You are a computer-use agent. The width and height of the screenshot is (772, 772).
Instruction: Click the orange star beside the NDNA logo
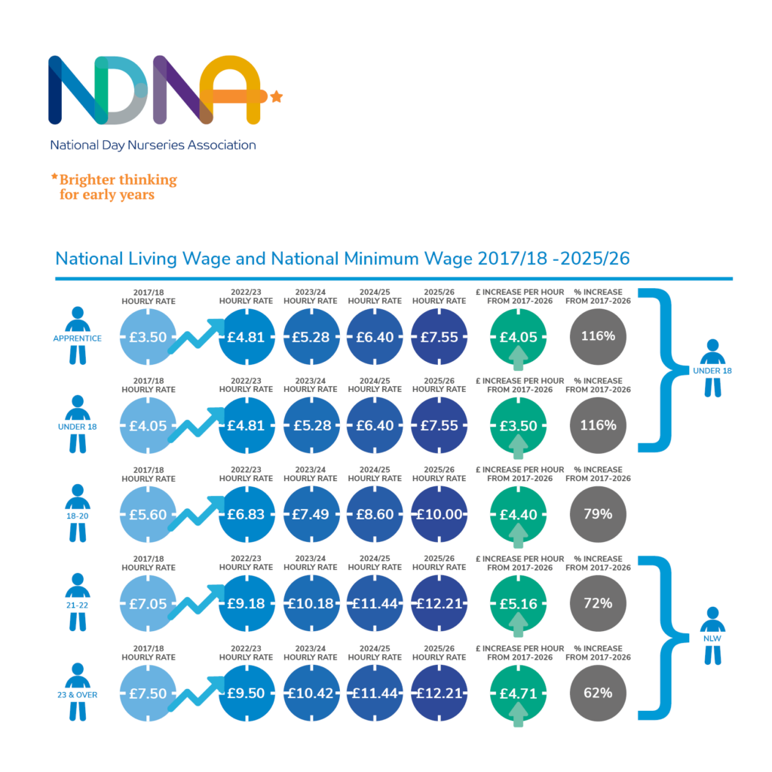click(x=277, y=96)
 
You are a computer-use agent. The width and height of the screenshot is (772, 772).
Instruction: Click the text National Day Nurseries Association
click(x=153, y=145)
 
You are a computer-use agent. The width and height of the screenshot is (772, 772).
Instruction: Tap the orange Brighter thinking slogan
click(x=114, y=187)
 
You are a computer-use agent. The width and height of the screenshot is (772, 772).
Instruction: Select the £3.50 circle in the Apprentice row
click(x=148, y=337)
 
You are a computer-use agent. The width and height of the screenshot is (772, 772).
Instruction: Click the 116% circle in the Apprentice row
click(x=598, y=336)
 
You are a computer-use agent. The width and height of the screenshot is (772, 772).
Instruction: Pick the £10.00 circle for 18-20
click(x=440, y=514)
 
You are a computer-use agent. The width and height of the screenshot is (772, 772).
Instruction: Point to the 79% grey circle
click(x=598, y=514)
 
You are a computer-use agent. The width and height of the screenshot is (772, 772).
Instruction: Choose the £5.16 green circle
click(x=518, y=604)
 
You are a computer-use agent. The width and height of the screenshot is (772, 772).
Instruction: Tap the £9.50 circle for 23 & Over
click(x=246, y=693)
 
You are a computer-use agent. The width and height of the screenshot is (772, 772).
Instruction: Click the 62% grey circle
click(x=598, y=693)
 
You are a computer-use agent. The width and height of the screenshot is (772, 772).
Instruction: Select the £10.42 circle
click(x=311, y=693)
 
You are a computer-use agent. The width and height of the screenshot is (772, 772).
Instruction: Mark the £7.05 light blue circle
click(x=148, y=604)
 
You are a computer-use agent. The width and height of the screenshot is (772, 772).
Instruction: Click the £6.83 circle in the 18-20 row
click(x=246, y=514)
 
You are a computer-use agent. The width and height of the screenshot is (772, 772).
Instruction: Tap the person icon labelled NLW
click(x=712, y=636)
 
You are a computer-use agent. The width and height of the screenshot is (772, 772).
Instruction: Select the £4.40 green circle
click(x=518, y=514)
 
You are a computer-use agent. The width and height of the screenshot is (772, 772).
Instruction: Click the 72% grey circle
click(x=598, y=604)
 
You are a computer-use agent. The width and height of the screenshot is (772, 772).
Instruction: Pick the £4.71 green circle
click(x=518, y=693)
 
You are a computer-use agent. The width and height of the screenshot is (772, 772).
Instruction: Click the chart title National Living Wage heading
click(x=342, y=259)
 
